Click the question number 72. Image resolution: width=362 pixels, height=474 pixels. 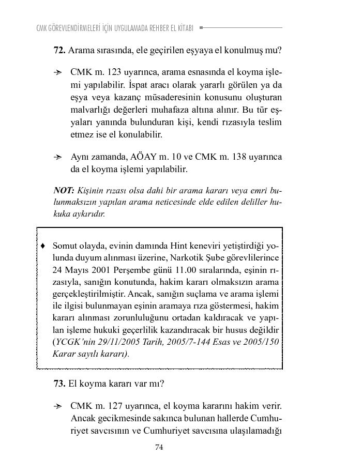59,51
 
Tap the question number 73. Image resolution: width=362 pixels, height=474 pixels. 59,384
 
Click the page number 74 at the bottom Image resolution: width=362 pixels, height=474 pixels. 159,448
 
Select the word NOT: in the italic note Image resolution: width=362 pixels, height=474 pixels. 64,191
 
